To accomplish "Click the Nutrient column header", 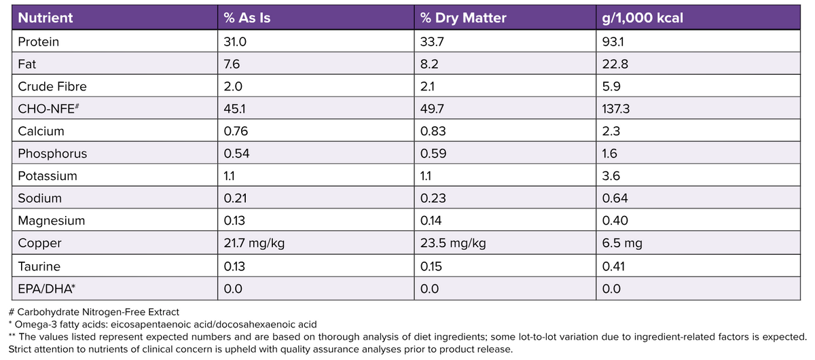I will pos(46,18).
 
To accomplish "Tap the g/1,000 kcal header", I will pos(642,18).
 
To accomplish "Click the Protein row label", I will pos(38,41).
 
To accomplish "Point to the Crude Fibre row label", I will pos(52,86).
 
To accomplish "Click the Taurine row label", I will pos(39,266).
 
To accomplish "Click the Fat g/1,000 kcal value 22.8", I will pos(614,64).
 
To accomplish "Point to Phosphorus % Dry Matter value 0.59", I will pos(433,154).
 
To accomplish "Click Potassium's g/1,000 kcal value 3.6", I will pos(611,176).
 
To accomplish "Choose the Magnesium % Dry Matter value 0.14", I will pos(431,221).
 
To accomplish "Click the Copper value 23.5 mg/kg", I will pos(453,243).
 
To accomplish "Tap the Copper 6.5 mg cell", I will pos(620,243).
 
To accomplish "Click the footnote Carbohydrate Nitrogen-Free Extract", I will pos(95,312).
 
